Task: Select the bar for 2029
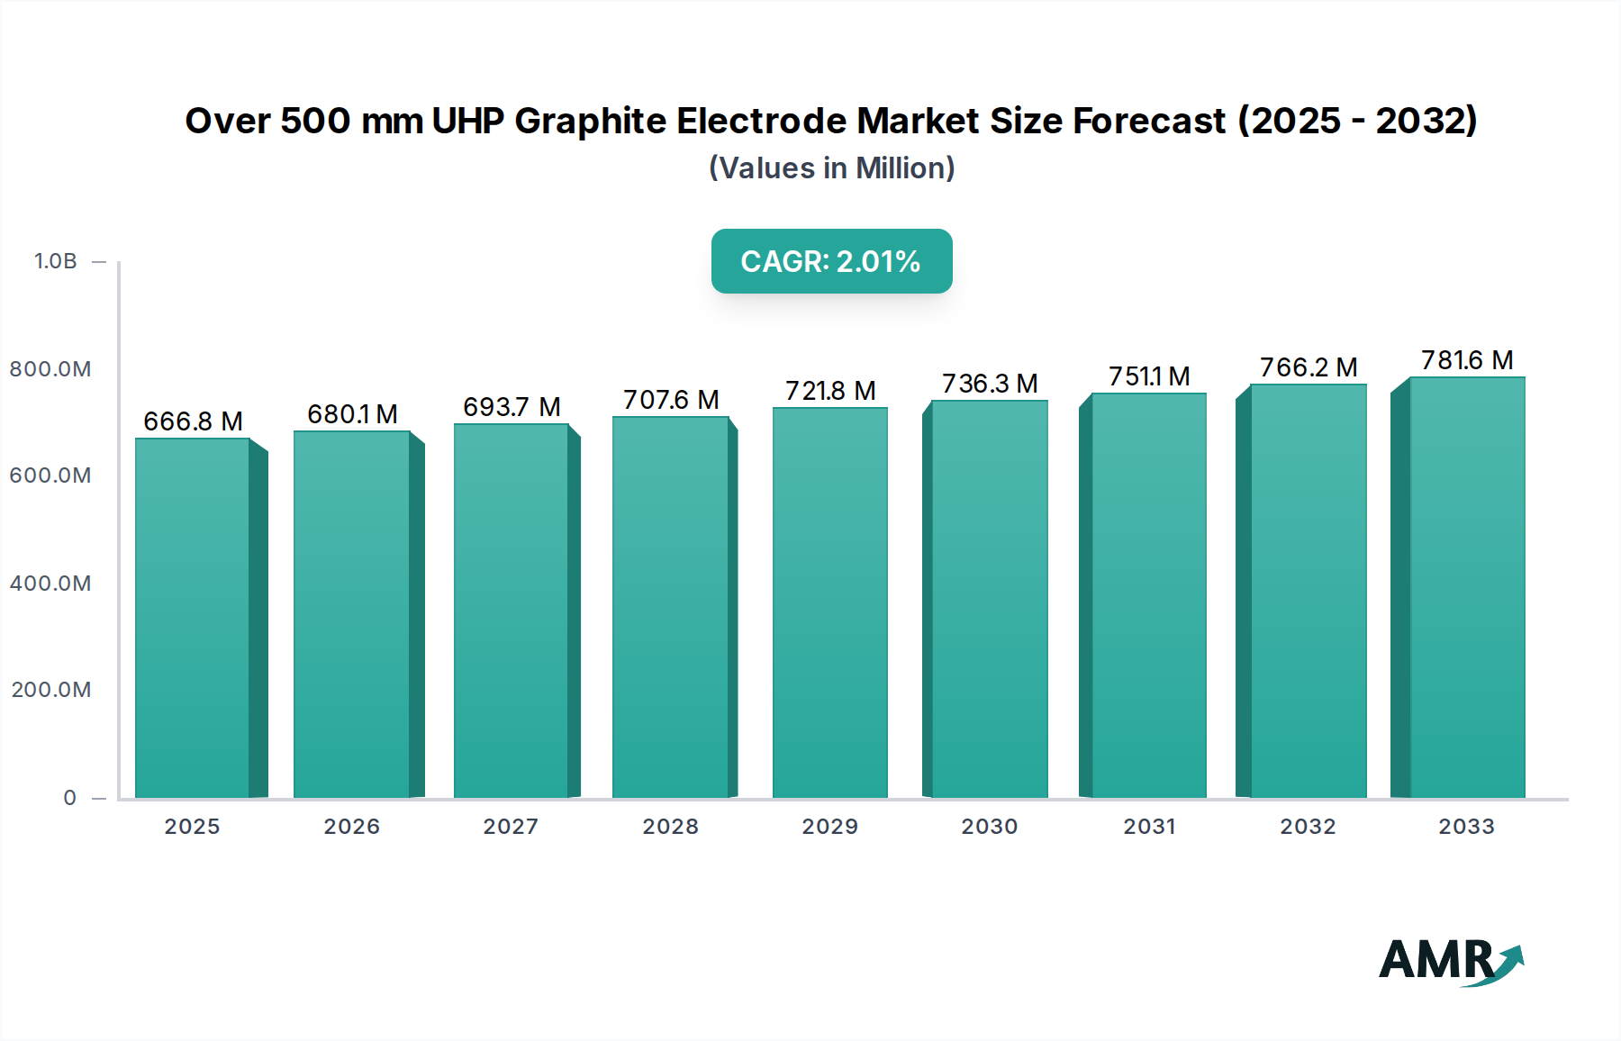tap(829, 602)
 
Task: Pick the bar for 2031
tap(1148, 595)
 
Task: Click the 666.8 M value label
tap(193, 421)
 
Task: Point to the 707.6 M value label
tap(671, 400)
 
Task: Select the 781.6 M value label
tap(1467, 360)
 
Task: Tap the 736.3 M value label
tap(990, 384)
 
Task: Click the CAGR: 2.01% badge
tap(831, 261)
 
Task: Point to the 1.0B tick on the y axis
tap(56, 261)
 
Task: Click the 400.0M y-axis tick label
tap(50, 584)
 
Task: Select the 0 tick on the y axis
tap(70, 798)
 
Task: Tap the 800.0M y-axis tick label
tap(50, 369)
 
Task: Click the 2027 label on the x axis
tap(511, 827)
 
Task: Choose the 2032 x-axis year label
tap(1308, 827)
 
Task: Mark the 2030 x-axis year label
tap(989, 827)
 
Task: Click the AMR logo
tap(1451, 961)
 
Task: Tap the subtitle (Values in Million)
tap(831, 168)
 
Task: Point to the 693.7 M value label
tap(512, 407)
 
